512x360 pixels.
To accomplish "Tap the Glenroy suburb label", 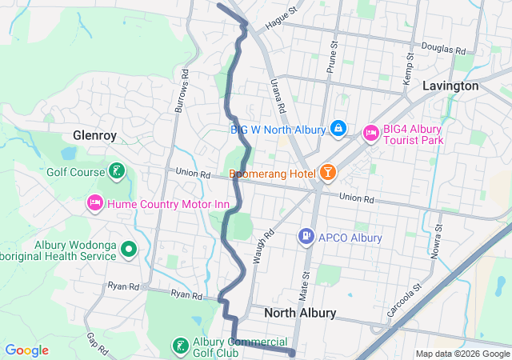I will [x=95, y=135].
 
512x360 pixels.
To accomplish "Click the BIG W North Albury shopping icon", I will [x=338, y=129].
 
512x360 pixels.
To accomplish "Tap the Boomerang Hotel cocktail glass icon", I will [x=327, y=173].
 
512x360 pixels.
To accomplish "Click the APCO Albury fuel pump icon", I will [x=306, y=237].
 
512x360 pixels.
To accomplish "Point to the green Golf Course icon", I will [x=117, y=171].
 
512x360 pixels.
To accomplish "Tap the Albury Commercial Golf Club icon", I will [x=181, y=346].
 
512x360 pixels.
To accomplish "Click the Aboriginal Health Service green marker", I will [x=130, y=250].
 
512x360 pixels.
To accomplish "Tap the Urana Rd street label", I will [x=279, y=99].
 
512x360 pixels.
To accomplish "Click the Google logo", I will [x=26, y=350].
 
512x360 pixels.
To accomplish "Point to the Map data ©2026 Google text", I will [x=462, y=354].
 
